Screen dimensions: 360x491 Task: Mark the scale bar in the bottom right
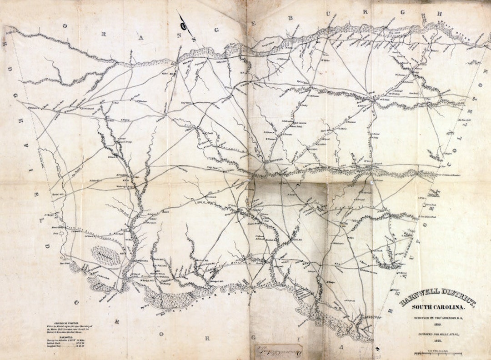(438, 353)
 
